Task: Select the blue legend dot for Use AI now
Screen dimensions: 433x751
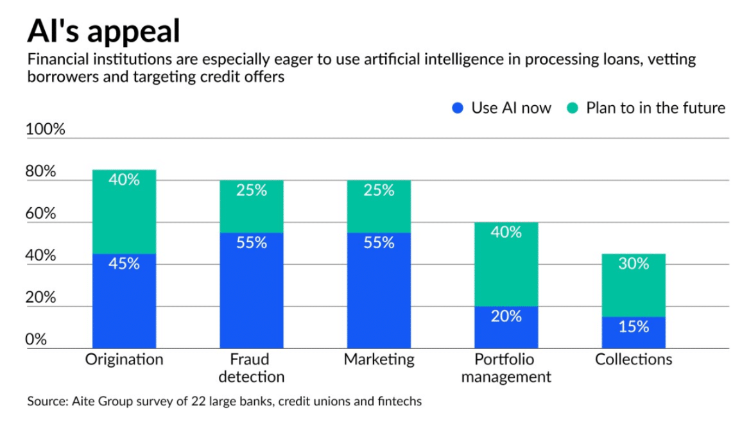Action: click(x=458, y=108)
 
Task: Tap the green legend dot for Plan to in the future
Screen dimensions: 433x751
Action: click(x=573, y=108)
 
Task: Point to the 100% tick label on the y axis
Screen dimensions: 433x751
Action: click(x=46, y=130)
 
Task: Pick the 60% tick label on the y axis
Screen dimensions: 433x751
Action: click(x=40, y=214)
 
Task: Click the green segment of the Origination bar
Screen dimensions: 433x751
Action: click(x=124, y=212)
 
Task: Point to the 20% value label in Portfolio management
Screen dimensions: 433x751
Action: click(x=506, y=316)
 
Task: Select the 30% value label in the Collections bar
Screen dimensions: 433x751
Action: click(x=634, y=264)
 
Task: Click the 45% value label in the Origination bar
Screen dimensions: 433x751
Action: click(x=124, y=264)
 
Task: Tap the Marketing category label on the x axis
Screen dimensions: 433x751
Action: click(x=379, y=359)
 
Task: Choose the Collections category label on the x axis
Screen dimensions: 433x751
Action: click(x=634, y=359)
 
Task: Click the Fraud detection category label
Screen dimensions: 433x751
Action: click(x=251, y=368)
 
